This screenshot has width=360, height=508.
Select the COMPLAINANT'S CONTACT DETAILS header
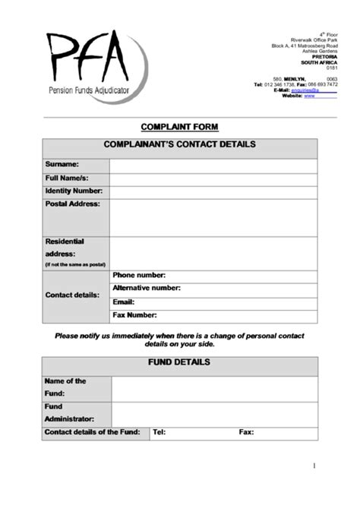pyautogui.click(x=179, y=145)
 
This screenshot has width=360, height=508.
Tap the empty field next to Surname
pyautogui.click(x=213, y=164)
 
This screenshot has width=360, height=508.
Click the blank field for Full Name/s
pyautogui.click(x=213, y=178)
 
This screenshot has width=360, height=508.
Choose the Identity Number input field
pyautogui.click(x=213, y=191)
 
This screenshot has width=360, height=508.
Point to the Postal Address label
pyautogui.click(x=72, y=204)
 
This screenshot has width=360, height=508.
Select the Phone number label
pyautogui.click(x=139, y=276)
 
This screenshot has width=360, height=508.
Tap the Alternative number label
pyautogui.click(x=147, y=289)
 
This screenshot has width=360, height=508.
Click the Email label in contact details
pyautogui.click(x=123, y=302)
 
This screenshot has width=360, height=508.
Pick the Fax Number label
pyautogui.click(x=134, y=315)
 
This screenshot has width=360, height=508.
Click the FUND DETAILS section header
pyautogui.click(x=179, y=363)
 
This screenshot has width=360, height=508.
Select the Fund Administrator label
pyautogui.click(x=69, y=412)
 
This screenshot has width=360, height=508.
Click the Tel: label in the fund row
pyautogui.click(x=159, y=432)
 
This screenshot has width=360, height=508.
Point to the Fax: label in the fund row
pyautogui.click(x=246, y=432)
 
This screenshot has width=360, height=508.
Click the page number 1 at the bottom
pyautogui.click(x=314, y=465)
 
